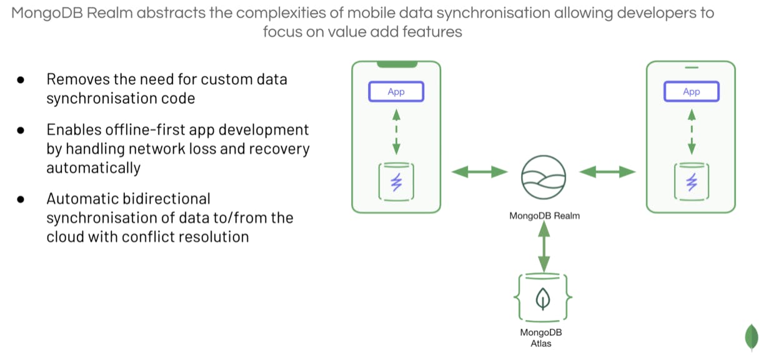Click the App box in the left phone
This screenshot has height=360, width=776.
[x=396, y=92]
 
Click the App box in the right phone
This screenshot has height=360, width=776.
[x=691, y=92]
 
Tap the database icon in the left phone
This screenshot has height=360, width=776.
[x=396, y=182]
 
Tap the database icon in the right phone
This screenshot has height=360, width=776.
[x=691, y=182]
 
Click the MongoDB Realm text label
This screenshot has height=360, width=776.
[x=544, y=216]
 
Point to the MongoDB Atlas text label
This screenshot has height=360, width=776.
[x=541, y=337]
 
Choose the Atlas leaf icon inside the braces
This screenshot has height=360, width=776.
[x=543, y=299]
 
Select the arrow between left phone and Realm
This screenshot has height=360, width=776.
[x=479, y=172]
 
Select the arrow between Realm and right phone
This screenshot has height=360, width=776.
[x=607, y=172]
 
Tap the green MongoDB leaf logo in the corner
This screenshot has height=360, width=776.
[x=751, y=337]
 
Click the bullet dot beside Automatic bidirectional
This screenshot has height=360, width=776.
[x=21, y=199]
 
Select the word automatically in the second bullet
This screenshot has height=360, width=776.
[x=93, y=168]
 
